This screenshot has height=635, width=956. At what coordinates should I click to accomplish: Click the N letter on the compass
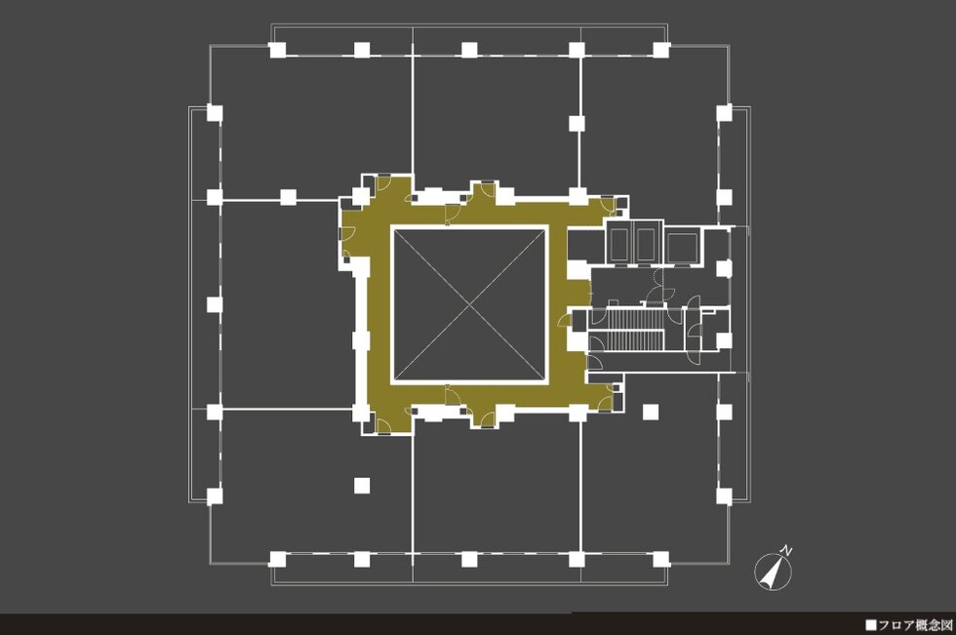(x=788, y=551)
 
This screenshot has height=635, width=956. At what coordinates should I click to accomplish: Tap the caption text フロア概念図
(x=915, y=625)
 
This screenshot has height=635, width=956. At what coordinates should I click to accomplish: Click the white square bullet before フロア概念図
(x=870, y=625)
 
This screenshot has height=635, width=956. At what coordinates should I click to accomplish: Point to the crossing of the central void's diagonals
(x=469, y=305)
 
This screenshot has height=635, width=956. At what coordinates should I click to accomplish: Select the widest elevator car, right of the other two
(x=682, y=247)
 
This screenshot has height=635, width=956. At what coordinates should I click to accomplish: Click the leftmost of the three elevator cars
(x=619, y=245)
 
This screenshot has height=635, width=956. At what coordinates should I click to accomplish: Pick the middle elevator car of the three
(x=645, y=245)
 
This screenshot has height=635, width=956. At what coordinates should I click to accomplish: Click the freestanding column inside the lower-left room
(x=362, y=485)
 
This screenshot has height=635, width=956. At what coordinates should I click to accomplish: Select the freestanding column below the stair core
(x=651, y=413)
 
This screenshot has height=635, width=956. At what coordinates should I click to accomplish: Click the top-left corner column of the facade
(x=277, y=50)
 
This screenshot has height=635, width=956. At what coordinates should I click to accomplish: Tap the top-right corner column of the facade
(x=661, y=50)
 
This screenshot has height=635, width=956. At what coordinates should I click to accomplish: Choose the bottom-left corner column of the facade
(x=277, y=559)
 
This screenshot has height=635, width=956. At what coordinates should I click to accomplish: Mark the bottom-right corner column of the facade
(x=661, y=559)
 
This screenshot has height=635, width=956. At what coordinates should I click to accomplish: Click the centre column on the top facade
(x=469, y=50)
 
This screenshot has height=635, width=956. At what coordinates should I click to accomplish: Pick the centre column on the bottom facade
(x=469, y=559)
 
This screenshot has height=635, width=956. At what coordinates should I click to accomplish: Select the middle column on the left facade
(x=214, y=304)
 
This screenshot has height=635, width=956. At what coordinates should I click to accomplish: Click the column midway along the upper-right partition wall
(x=577, y=123)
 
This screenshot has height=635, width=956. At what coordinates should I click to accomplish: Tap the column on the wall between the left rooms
(x=288, y=197)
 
